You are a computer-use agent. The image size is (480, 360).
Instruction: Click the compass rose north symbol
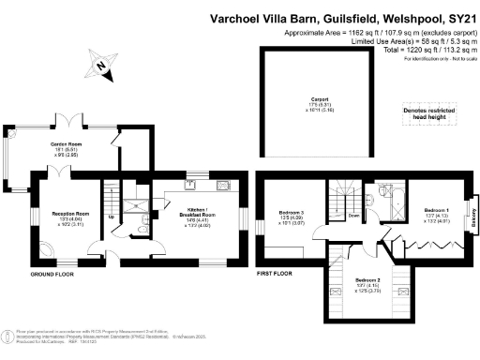tap(98, 65)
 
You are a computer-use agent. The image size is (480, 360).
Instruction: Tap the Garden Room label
tap(65, 146)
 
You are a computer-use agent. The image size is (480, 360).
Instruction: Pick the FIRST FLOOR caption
tap(276, 274)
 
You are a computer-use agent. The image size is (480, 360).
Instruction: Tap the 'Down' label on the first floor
tap(353, 215)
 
